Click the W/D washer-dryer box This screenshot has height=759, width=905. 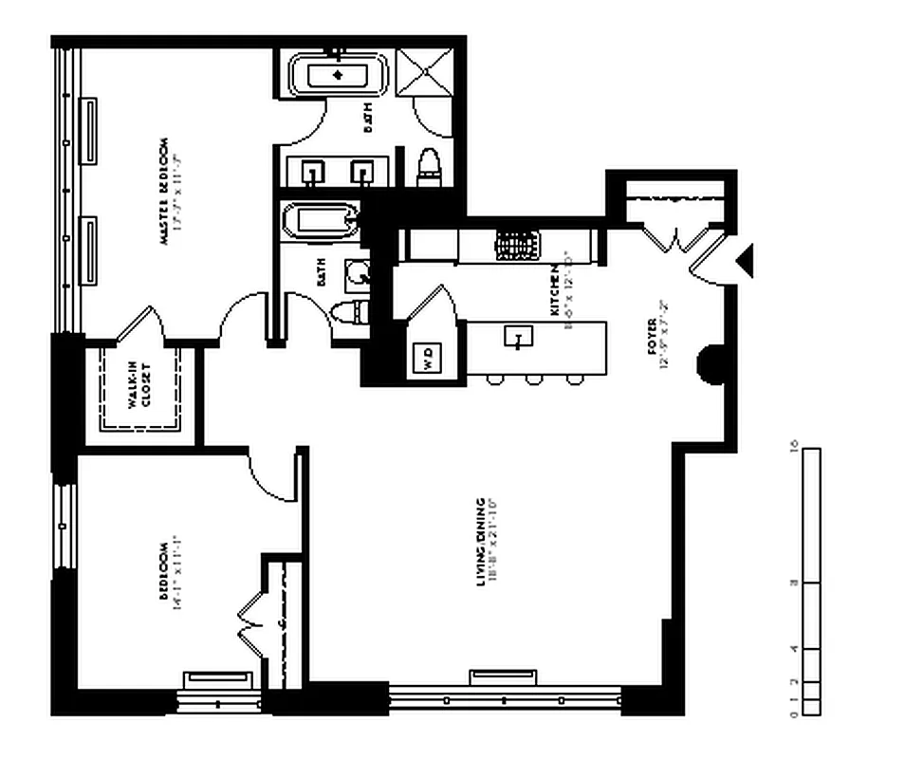coord(428,360)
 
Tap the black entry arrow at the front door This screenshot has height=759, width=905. coord(745,259)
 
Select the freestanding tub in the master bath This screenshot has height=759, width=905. coord(338,75)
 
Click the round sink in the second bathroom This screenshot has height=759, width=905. coord(359,274)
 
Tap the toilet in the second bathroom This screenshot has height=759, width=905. coord(351,312)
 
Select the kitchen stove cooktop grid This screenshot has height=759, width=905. coord(517,245)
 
